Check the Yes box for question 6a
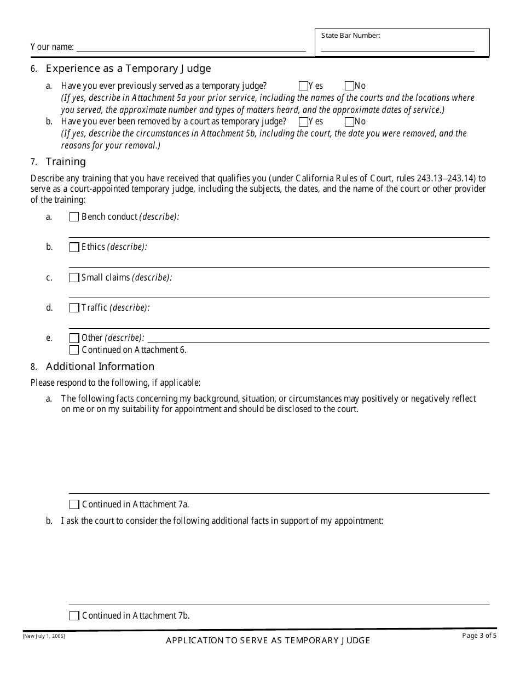tap(303, 86)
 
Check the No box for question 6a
tap(349, 86)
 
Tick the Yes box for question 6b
tap(303, 122)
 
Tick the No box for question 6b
tap(349, 122)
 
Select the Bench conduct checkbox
tap(74, 217)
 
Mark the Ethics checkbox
tap(74, 247)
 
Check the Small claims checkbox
tap(74, 278)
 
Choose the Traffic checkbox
tap(74, 308)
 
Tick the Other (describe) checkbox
tap(74, 338)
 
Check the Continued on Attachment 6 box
tap(74, 350)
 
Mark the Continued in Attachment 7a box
tap(74, 505)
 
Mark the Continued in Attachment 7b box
tap(74, 616)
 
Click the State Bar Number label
tap(350, 36)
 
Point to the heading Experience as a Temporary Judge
tap(128, 68)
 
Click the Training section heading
tap(66, 162)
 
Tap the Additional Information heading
tap(100, 367)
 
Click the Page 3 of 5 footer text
tap(479, 636)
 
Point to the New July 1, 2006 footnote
tap(44, 636)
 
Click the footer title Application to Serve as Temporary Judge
tap(268, 640)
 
